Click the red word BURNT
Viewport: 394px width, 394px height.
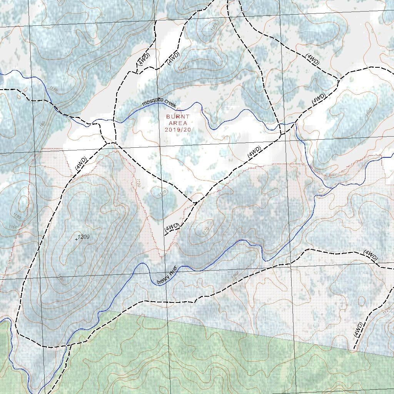[x=177, y=117]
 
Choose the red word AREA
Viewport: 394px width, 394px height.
[x=177, y=123]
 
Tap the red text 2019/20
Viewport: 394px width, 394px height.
[x=177, y=130]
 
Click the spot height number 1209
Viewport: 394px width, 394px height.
[x=83, y=237]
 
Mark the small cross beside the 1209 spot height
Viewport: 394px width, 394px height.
[x=76, y=239]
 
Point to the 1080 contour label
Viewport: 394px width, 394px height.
[x=369, y=111]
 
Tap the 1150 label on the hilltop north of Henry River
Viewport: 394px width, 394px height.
[x=205, y=230]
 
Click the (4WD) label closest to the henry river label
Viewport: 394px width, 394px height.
[x=172, y=227]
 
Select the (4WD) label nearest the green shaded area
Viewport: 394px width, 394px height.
[x=358, y=330]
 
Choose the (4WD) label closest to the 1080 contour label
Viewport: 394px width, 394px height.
[x=319, y=99]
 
